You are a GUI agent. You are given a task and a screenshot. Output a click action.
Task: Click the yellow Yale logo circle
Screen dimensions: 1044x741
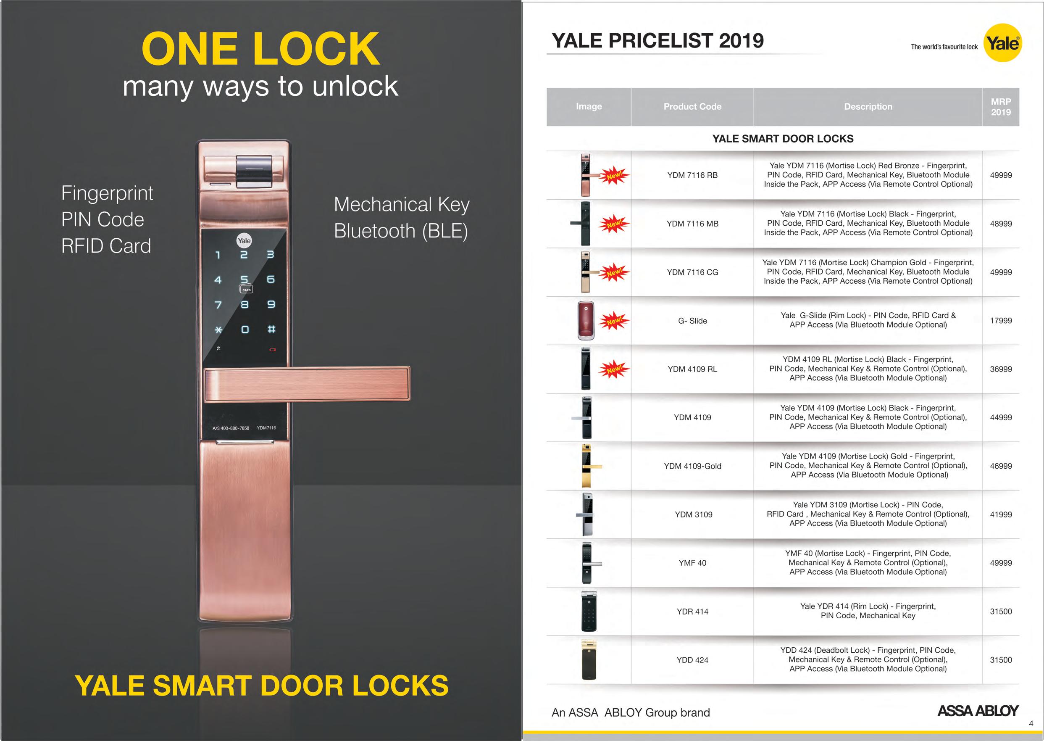click(x=1002, y=43)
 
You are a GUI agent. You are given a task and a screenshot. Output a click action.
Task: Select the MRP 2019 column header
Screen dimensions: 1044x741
click(x=1001, y=107)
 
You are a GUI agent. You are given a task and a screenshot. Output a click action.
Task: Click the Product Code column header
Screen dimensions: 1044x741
click(x=692, y=106)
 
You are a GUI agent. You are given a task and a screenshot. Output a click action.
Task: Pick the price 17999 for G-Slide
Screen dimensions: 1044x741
click(x=1001, y=321)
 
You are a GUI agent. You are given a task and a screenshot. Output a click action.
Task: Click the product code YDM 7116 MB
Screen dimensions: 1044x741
click(x=692, y=224)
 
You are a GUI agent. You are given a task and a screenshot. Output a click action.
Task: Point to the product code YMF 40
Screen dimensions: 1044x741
click(x=692, y=563)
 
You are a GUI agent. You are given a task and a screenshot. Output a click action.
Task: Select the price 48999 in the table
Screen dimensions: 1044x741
click(x=1001, y=224)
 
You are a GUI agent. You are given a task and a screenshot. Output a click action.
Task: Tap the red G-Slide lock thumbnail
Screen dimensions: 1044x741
click(x=586, y=320)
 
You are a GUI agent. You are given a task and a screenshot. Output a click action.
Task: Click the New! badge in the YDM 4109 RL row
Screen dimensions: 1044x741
click(x=614, y=369)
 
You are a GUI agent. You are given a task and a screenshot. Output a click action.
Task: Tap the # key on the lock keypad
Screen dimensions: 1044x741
click(x=271, y=329)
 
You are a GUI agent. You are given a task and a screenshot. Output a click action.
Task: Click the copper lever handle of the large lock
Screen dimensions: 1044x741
click(x=308, y=384)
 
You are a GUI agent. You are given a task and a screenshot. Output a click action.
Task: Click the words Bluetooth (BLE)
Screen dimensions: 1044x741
click(x=401, y=231)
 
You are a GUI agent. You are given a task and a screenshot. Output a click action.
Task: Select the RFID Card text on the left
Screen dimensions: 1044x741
click(x=106, y=246)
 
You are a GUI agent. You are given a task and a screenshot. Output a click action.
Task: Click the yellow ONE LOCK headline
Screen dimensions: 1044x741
click(x=260, y=49)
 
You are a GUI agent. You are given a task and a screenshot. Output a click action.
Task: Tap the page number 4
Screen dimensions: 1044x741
click(x=1031, y=724)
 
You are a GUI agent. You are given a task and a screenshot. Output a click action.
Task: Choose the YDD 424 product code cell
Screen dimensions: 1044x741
click(x=692, y=660)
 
